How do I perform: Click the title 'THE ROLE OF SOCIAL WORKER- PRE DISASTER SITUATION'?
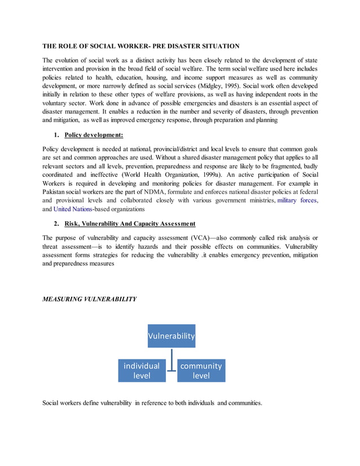click(141, 46)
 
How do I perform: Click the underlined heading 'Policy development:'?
click(94, 135)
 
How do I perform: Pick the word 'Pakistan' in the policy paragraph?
click(58, 194)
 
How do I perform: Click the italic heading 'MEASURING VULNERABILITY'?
click(89, 299)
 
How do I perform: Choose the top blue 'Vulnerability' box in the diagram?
click(172, 336)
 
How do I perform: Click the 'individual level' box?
click(142, 370)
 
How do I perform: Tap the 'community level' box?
click(201, 370)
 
